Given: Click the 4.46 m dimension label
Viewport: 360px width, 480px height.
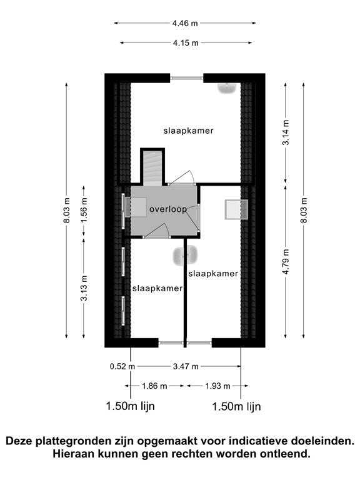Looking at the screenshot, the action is (185, 23).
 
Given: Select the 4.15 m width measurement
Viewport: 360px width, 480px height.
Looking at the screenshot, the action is (186, 43).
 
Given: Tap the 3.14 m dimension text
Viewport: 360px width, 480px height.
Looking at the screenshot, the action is (286, 132).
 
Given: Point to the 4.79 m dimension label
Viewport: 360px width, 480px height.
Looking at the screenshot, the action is (286, 262).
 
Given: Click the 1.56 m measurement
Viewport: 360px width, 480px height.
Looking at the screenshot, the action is (84, 211).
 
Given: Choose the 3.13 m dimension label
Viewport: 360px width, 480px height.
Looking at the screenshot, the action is (84, 288).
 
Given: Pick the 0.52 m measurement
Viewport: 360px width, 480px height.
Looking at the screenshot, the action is (122, 366).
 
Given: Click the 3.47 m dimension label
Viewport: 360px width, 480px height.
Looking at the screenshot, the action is (186, 366).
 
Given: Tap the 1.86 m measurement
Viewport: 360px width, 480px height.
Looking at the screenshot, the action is (154, 386).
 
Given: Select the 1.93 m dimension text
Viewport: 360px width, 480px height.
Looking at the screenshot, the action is (217, 386).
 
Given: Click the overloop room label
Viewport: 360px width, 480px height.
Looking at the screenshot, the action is (168, 209).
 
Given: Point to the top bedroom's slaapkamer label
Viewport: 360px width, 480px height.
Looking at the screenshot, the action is (188, 131).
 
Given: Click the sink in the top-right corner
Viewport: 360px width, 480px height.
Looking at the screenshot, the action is (227, 88).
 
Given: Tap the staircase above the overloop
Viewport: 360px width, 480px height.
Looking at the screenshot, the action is (152, 167).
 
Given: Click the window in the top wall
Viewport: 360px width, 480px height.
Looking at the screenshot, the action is (187, 78).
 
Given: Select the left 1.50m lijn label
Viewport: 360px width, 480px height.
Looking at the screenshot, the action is (131, 406).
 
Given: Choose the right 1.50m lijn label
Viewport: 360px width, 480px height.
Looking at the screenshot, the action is (236, 407).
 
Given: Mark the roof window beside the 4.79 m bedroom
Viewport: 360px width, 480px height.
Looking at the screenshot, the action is (236, 209).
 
